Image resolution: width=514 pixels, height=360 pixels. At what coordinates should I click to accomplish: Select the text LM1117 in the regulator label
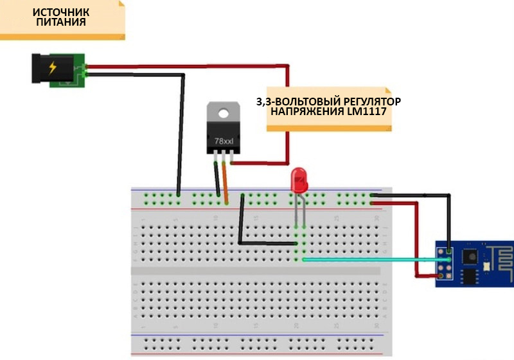[375, 111]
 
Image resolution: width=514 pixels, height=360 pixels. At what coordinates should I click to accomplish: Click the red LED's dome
[299, 179]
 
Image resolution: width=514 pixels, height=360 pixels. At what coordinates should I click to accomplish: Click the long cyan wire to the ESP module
[366, 259]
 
